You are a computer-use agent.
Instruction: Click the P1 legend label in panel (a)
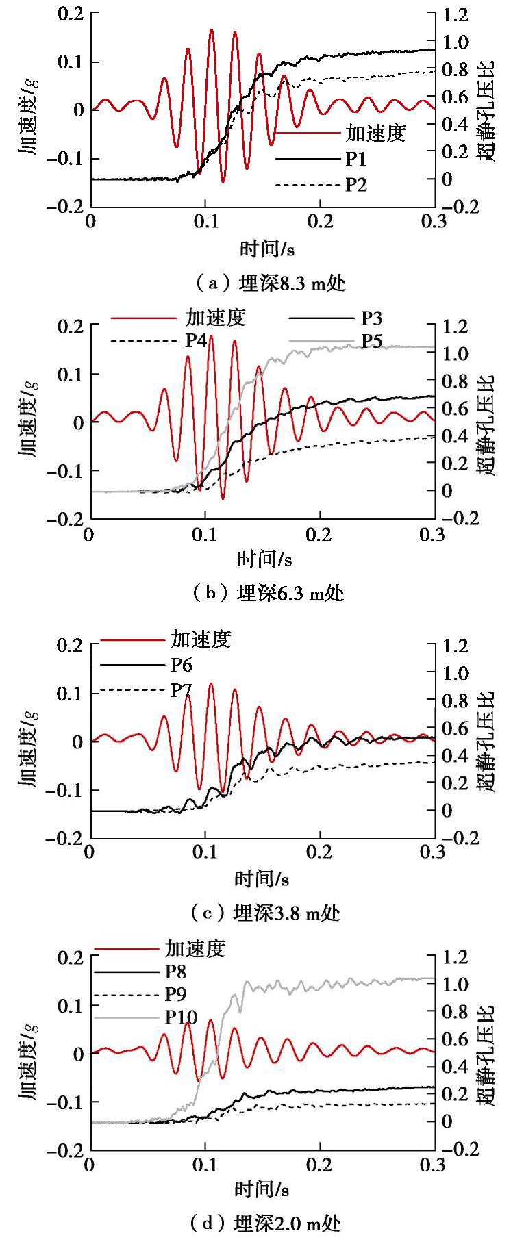355,160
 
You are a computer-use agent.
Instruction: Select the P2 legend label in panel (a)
355,184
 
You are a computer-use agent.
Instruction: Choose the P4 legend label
197,340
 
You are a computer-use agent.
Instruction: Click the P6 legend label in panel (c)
181,664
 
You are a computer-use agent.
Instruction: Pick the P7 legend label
181,690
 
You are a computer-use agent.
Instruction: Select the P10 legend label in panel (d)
181,1017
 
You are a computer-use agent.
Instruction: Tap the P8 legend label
175,972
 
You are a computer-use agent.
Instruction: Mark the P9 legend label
175,994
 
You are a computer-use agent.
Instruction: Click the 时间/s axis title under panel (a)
267,249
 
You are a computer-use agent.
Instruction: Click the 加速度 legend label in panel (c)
201,639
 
